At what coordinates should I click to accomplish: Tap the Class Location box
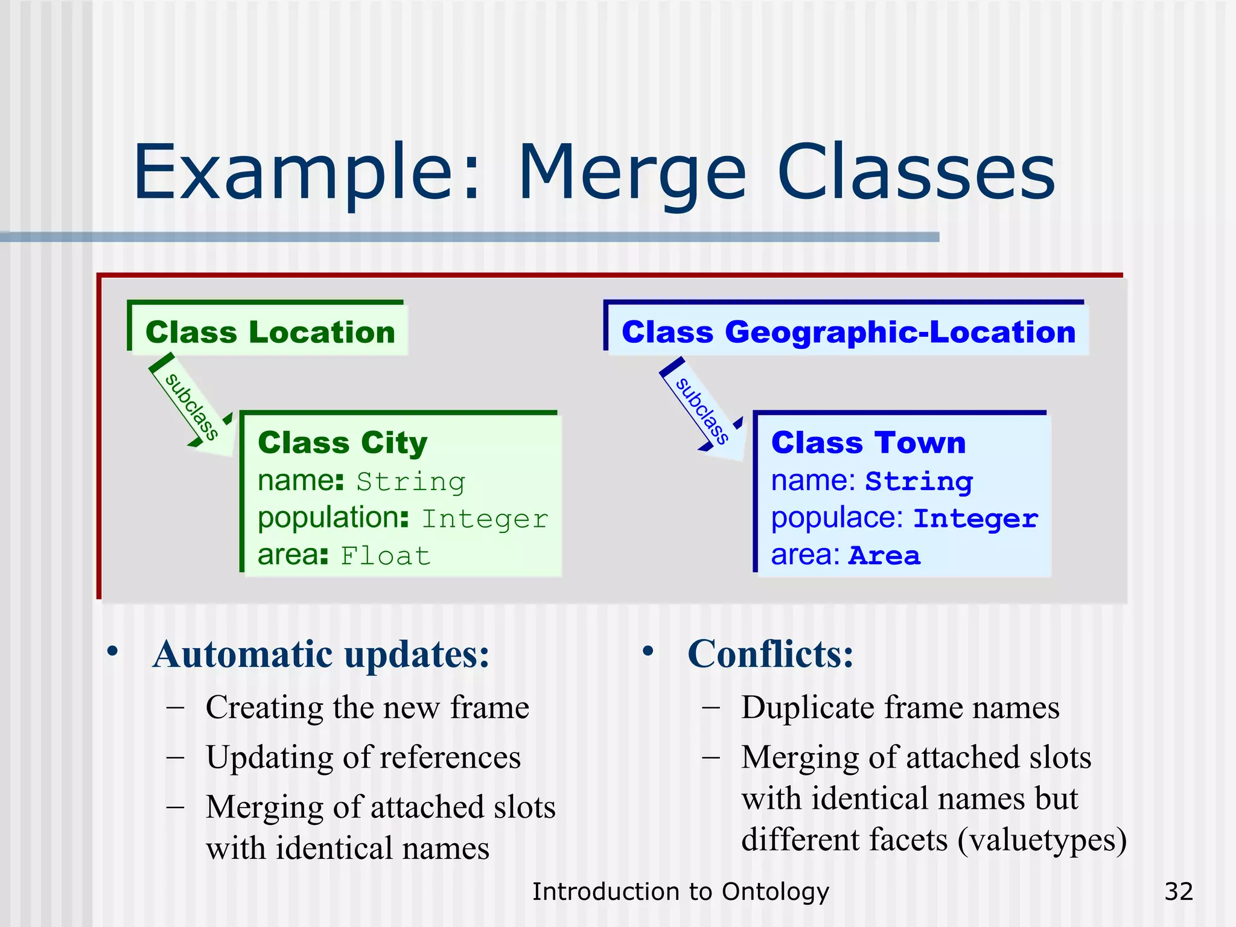click(269, 331)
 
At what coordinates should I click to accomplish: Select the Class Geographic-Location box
click(848, 331)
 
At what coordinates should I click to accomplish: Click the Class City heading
click(342, 442)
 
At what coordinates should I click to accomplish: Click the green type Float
click(386, 556)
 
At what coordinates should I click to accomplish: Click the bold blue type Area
click(884, 556)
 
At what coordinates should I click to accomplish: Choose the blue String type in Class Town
click(919, 482)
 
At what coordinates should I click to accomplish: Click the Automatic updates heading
click(320, 654)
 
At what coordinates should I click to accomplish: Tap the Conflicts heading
click(770, 654)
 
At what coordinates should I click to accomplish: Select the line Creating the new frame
click(367, 707)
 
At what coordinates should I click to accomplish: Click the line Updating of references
click(363, 757)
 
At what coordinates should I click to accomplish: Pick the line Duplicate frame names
click(900, 707)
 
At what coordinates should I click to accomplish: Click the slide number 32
click(1178, 891)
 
